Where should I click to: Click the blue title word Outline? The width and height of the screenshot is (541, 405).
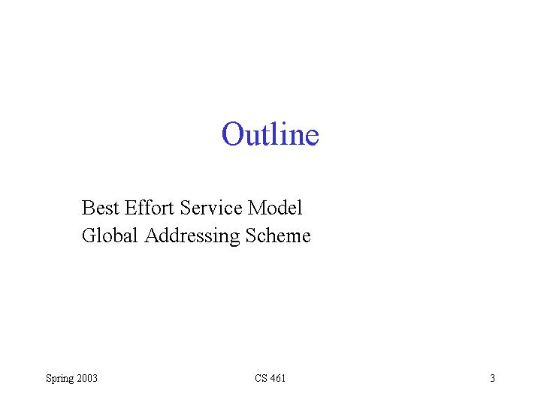point(270,133)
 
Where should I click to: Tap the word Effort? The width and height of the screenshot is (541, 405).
point(149,208)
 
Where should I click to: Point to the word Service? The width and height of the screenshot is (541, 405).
point(211,208)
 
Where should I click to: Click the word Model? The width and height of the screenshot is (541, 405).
point(275,208)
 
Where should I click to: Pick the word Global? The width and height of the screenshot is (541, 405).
point(110,235)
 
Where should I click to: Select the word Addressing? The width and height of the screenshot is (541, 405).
point(192,236)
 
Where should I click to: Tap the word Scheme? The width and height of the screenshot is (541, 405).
point(278,235)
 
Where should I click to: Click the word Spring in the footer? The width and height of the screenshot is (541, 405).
point(59,379)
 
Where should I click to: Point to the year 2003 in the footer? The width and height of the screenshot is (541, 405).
point(87,378)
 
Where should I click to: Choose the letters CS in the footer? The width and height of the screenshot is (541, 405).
point(261,378)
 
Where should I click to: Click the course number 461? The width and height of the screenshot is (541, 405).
point(278,378)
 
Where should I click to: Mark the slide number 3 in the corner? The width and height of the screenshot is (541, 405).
point(492,378)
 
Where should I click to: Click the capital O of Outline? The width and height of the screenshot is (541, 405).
point(231,133)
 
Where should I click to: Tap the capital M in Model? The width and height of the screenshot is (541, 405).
point(255,208)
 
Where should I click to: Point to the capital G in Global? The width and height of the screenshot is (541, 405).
point(89,235)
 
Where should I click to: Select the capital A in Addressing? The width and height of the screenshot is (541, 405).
point(153,235)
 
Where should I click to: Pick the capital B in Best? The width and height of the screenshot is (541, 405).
point(88,208)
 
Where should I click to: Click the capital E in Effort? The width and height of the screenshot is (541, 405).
point(131,208)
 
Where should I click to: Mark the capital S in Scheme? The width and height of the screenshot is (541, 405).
point(250,235)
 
